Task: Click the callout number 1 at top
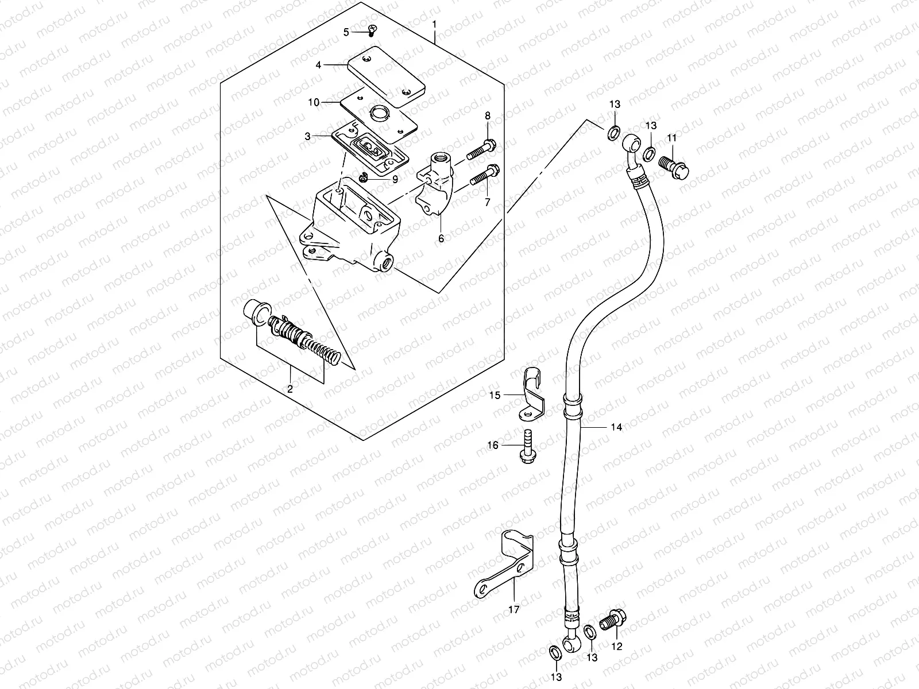point(435,25)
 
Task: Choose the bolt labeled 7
point(484,175)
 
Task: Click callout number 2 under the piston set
point(290,389)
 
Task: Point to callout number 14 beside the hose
point(616,427)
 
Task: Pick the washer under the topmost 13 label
point(613,134)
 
